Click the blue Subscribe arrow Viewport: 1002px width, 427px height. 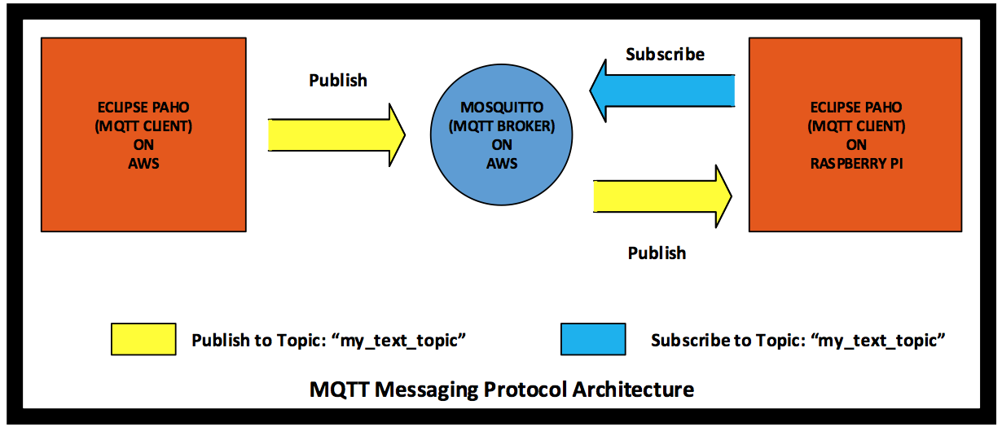point(662,91)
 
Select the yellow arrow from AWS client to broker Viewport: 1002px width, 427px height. point(336,135)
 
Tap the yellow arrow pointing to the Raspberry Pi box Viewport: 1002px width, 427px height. point(662,196)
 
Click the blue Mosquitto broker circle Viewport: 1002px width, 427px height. point(502,134)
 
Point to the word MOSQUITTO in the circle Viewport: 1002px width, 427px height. point(502,108)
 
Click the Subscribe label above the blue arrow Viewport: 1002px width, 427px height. point(666,54)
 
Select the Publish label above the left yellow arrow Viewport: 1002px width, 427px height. point(338,80)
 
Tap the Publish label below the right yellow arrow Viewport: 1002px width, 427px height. point(657,253)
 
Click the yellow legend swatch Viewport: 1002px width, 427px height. point(143,339)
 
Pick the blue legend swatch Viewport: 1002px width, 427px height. point(593,339)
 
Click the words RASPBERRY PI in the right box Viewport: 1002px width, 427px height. point(856,164)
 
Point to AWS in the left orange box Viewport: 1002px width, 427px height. point(143,164)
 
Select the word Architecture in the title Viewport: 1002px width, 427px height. point(634,390)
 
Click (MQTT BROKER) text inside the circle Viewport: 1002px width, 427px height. point(502,126)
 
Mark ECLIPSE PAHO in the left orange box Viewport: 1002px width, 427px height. point(143,108)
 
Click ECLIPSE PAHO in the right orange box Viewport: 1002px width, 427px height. point(856,108)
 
